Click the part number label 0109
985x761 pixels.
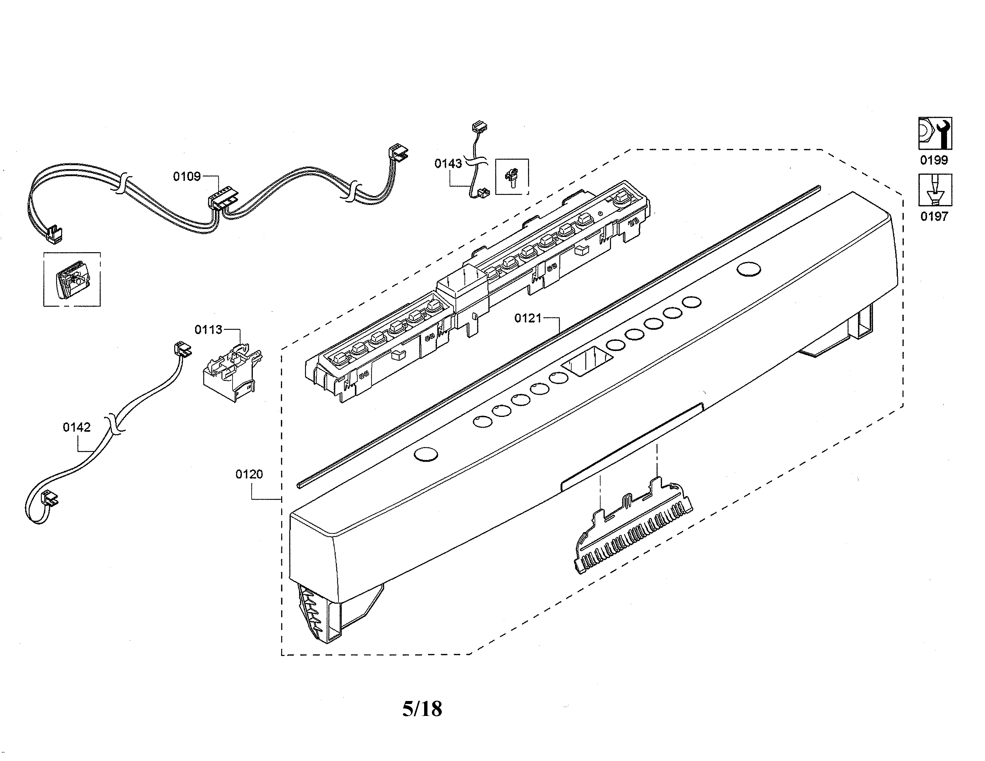[x=187, y=176]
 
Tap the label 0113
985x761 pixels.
[x=208, y=329]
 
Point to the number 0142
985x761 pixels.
[x=77, y=427]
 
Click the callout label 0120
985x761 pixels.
[x=249, y=474]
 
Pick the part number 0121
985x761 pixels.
[x=528, y=318]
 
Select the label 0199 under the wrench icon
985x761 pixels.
[x=934, y=160]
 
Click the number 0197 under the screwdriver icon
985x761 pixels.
[x=934, y=216]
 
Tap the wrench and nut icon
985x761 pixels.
[x=935, y=133]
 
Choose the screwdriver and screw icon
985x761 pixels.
[x=935, y=190]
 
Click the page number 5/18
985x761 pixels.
[x=422, y=709]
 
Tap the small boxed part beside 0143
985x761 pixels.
[x=512, y=176]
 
